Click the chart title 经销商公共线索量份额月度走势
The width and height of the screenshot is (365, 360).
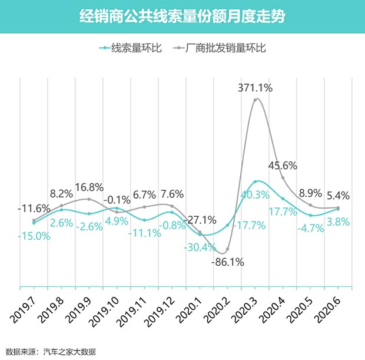(182, 16)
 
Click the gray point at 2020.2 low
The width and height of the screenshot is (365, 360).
(228, 250)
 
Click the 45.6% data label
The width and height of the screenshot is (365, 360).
(283, 165)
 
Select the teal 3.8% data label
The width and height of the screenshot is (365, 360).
(338, 222)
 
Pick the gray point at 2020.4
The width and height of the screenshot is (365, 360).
(283, 178)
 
